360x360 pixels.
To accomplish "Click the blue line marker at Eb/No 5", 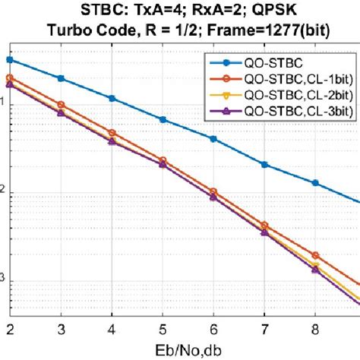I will (163, 119).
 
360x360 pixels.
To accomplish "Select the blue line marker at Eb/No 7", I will (264, 164).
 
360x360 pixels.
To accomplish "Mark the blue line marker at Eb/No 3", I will (62, 78).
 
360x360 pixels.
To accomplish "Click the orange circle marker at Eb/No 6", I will (213, 191).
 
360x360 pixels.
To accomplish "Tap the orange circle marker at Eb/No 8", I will (315, 255).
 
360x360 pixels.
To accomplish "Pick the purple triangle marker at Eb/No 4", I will (112, 141).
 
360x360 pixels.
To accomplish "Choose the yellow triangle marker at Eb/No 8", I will (315, 265).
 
